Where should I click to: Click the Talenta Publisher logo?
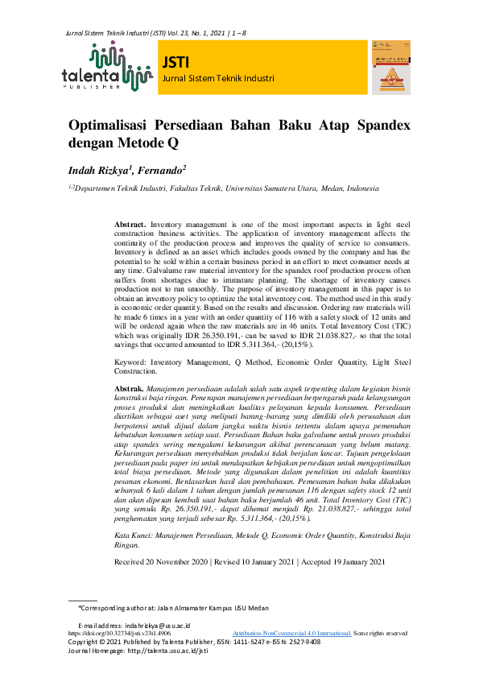coord(106,67)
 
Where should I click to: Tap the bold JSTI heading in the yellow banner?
coord(175,62)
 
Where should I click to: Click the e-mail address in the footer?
coord(133,625)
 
